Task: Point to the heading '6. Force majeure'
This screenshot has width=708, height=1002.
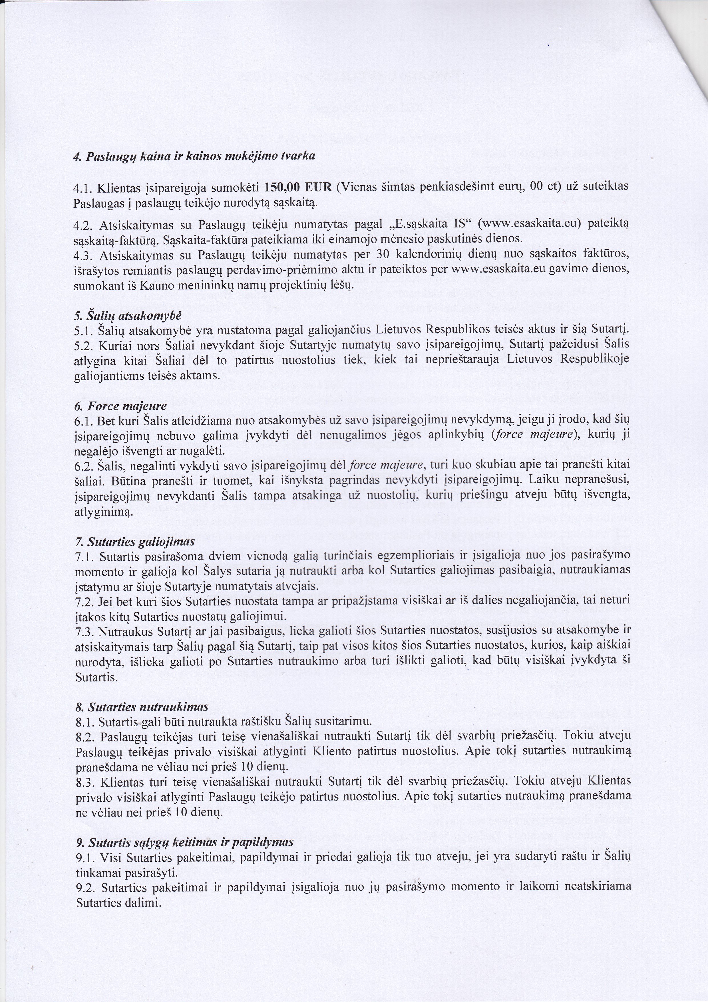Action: pyautogui.click(x=121, y=406)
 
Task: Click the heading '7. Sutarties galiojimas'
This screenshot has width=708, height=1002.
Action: pyautogui.click(x=134, y=543)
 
